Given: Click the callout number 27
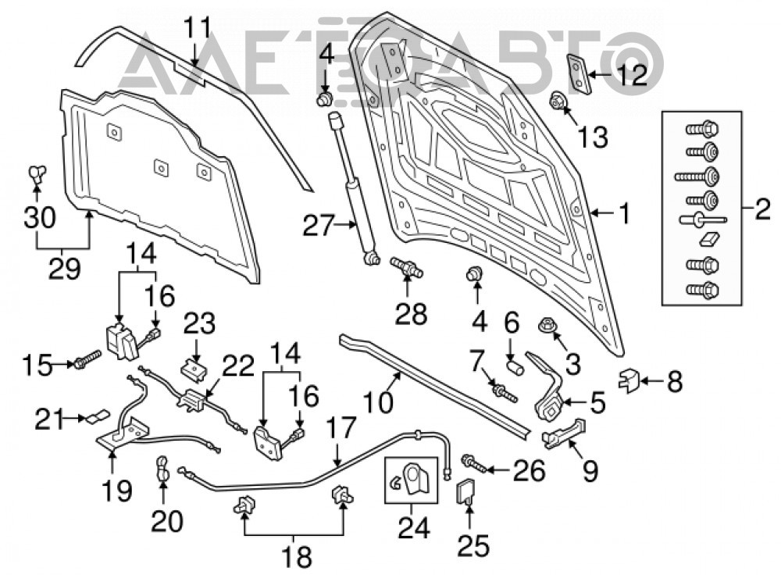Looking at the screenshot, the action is (x=317, y=227).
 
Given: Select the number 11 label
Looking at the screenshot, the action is (x=198, y=28).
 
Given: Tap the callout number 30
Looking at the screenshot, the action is (x=39, y=218).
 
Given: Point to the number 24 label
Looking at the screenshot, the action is (x=413, y=527).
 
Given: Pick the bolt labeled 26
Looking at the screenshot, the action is (x=474, y=462).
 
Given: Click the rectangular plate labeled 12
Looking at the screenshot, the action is (x=578, y=73).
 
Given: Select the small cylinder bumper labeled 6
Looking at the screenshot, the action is (x=515, y=370).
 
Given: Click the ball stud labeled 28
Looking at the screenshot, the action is (x=407, y=266).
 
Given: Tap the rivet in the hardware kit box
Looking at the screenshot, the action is (x=702, y=220).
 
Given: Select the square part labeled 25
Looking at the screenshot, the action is (x=465, y=491).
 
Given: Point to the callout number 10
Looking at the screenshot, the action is (x=378, y=402).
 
